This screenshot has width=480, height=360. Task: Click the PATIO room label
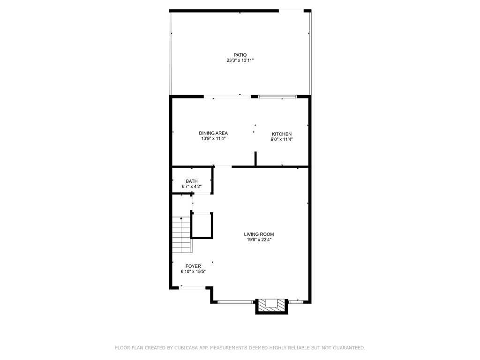pyautogui.click(x=240, y=55)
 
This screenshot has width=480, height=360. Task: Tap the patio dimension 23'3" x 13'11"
pyautogui.click(x=240, y=60)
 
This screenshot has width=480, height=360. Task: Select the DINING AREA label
pyautogui.click(x=213, y=133)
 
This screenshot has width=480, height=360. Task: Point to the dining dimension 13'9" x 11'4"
pyautogui.click(x=213, y=139)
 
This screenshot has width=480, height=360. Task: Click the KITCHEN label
pyautogui.click(x=282, y=134)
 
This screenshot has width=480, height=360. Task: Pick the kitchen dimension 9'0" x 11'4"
pyautogui.click(x=282, y=139)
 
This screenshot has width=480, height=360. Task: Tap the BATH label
pyautogui.click(x=191, y=181)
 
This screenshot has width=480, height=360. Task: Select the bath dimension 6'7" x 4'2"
pyautogui.click(x=191, y=187)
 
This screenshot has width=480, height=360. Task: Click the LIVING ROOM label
pyautogui.click(x=259, y=234)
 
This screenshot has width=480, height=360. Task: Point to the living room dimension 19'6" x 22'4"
pyautogui.click(x=259, y=240)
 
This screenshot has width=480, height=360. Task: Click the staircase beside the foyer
pyautogui.click(x=182, y=234)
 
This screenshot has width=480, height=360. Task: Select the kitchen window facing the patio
pyautogui.click(x=277, y=97)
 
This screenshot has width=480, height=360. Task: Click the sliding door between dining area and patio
pyautogui.click(x=227, y=97)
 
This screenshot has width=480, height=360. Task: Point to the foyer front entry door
pyautogui.click(x=191, y=287)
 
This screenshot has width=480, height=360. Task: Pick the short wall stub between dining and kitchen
pyautogui.click(x=255, y=158)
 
